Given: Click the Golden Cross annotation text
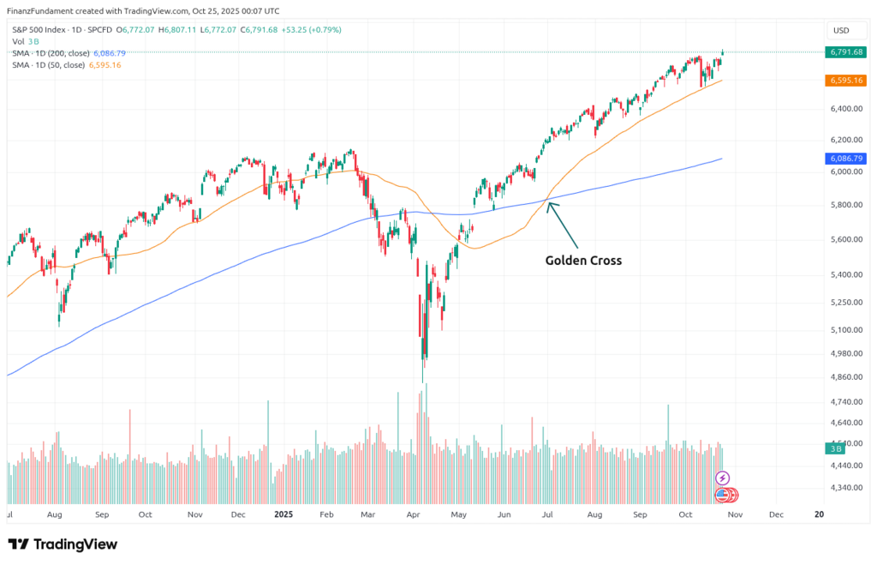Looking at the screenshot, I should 583,260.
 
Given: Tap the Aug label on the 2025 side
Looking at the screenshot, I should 594,515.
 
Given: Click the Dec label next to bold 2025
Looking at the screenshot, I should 239,515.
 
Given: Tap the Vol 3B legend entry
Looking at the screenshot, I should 26,41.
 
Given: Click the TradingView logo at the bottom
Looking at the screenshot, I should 63,544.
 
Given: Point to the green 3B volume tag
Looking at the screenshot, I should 832,448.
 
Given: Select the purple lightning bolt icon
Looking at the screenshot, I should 722,478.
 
